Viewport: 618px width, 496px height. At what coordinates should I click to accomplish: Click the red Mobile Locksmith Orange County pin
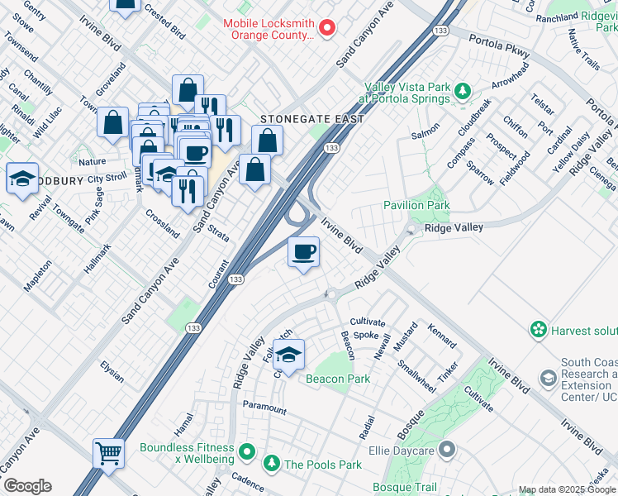tap(326, 28)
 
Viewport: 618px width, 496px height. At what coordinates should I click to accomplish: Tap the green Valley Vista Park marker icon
tap(463, 88)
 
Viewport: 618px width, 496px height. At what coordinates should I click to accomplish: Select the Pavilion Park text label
tap(416, 205)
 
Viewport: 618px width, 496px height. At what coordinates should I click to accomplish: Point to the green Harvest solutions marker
tap(539, 330)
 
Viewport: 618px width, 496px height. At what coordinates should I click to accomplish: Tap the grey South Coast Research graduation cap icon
tap(547, 378)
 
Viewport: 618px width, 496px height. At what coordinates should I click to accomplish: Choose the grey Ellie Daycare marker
tap(447, 451)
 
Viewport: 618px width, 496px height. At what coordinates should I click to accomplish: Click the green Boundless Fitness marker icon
tap(246, 452)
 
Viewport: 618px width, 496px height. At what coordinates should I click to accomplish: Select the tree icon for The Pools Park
tap(271, 464)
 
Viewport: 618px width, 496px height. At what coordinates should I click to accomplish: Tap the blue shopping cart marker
tap(108, 451)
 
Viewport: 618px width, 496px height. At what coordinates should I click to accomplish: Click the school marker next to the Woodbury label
tap(21, 177)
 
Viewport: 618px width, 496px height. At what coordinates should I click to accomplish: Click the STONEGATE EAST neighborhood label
tap(311, 119)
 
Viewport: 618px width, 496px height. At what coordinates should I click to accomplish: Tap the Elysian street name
tap(112, 371)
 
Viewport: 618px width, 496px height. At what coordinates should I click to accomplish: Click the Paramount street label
tap(264, 408)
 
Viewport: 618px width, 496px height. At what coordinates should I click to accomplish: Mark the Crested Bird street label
tap(164, 20)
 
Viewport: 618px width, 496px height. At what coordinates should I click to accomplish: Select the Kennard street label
tap(442, 336)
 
